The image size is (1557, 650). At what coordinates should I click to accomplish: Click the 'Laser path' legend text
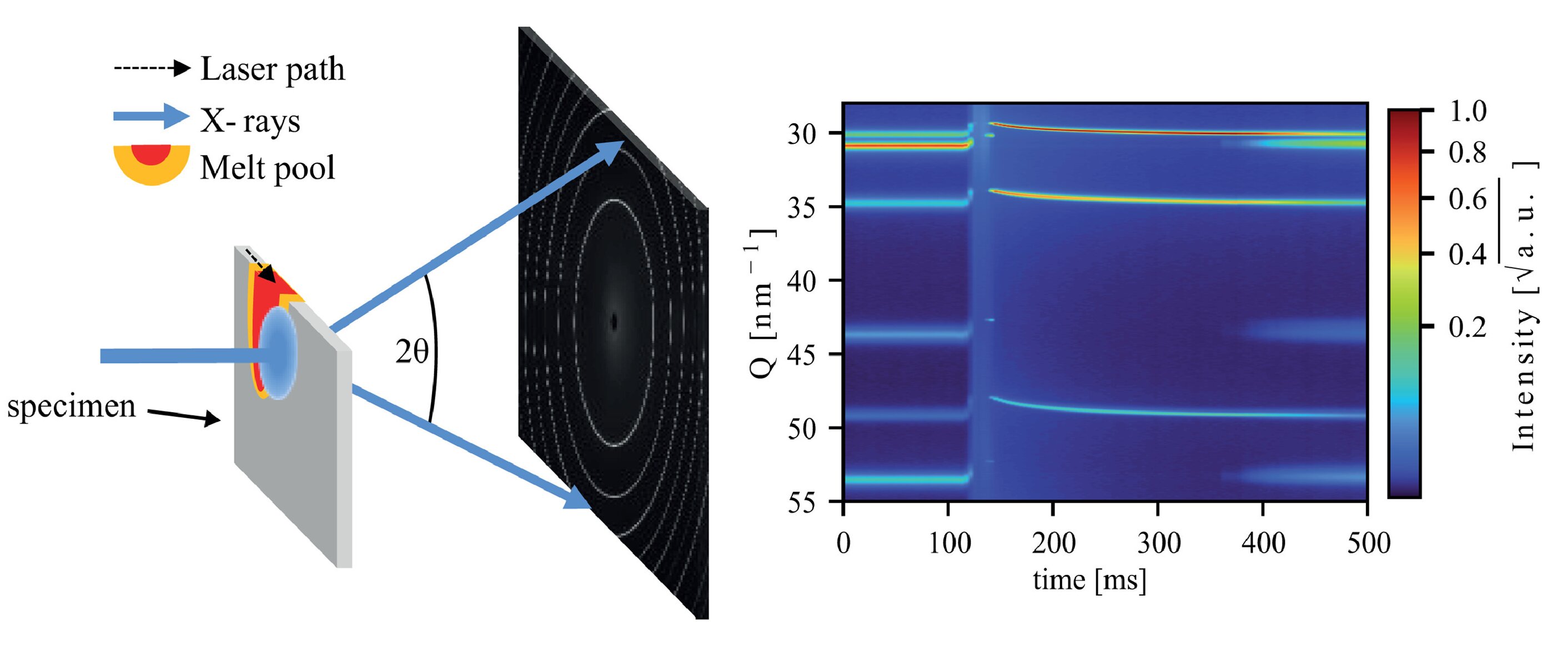(272, 69)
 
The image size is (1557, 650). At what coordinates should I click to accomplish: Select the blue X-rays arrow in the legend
(151, 116)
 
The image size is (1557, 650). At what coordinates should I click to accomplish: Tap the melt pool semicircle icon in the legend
(151, 162)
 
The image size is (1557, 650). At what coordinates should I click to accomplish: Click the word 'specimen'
(71, 406)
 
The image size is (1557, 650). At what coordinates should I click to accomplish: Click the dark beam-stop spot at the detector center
(614, 322)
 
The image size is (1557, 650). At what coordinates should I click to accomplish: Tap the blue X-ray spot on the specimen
(279, 353)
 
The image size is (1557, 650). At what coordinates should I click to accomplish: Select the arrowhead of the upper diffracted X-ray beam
(610, 152)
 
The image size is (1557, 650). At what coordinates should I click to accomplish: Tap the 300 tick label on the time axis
(1158, 542)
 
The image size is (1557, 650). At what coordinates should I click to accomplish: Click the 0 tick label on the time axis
(843, 542)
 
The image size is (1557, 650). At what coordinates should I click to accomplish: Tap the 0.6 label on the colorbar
(1468, 199)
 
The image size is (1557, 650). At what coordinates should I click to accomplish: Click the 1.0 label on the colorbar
(1468, 111)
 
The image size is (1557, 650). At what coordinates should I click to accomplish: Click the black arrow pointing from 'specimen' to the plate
(184, 416)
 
